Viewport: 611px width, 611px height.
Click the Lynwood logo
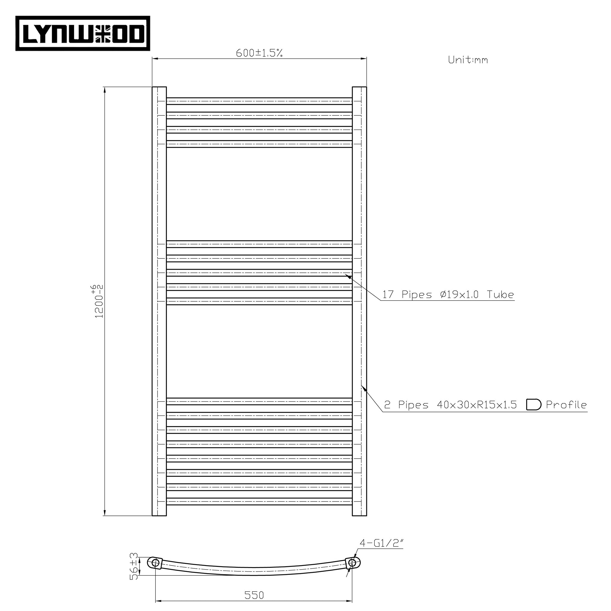(83, 33)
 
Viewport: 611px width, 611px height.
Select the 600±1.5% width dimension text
(259, 53)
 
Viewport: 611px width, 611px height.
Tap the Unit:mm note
(468, 60)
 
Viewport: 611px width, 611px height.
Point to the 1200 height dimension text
(99, 301)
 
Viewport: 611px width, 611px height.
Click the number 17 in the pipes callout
(388, 295)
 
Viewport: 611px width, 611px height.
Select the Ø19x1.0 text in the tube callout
(459, 295)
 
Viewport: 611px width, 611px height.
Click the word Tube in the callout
(500, 295)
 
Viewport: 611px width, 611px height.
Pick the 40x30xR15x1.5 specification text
(476, 405)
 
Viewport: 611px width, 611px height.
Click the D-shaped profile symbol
(533, 405)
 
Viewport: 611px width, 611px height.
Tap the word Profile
(566, 405)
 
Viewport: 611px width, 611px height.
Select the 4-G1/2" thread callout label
(381, 552)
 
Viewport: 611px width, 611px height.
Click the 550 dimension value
(254, 595)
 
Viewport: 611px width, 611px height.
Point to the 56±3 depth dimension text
(134, 570)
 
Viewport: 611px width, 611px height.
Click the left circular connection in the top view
(155, 563)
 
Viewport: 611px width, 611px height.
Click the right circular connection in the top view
(352, 563)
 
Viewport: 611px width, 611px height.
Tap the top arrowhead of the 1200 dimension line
(104, 90)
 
